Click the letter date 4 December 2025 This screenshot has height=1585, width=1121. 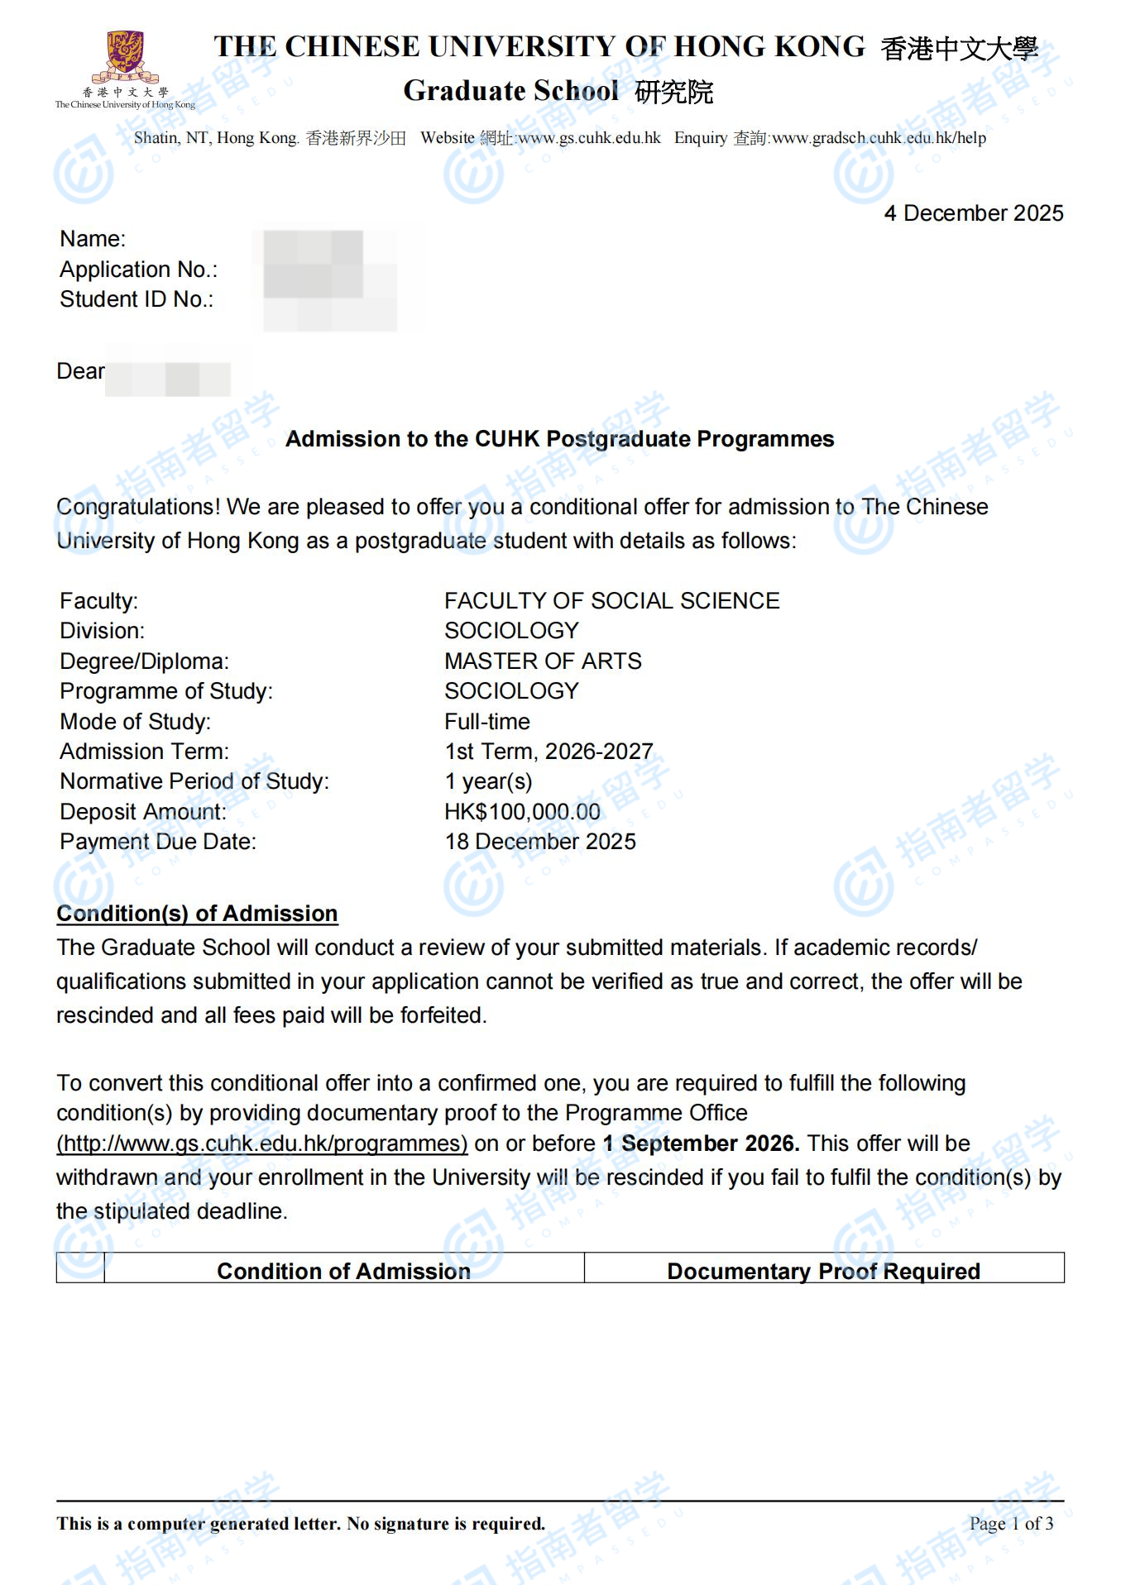point(973,213)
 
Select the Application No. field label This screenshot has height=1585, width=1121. point(138,270)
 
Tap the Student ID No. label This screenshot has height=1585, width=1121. point(137,299)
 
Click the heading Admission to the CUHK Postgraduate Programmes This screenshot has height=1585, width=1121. point(559,439)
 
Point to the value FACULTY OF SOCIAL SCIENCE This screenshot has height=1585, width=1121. point(611,601)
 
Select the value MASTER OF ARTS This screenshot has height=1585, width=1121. point(543,661)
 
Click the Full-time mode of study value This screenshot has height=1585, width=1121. point(486,722)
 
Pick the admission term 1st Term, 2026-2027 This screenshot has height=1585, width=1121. point(549,752)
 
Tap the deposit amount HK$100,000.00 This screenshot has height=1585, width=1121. point(522,812)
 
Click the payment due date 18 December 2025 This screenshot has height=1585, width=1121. point(540,842)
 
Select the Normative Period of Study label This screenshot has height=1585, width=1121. point(194,781)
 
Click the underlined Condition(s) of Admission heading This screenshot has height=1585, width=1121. point(197,914)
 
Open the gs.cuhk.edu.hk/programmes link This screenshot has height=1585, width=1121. point(262,1143)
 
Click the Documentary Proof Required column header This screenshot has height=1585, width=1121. point(823,1271)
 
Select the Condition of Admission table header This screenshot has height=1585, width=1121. point(343,1271)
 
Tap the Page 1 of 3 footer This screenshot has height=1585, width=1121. point(1011,1524)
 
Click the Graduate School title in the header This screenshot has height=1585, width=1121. point(510,91)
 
